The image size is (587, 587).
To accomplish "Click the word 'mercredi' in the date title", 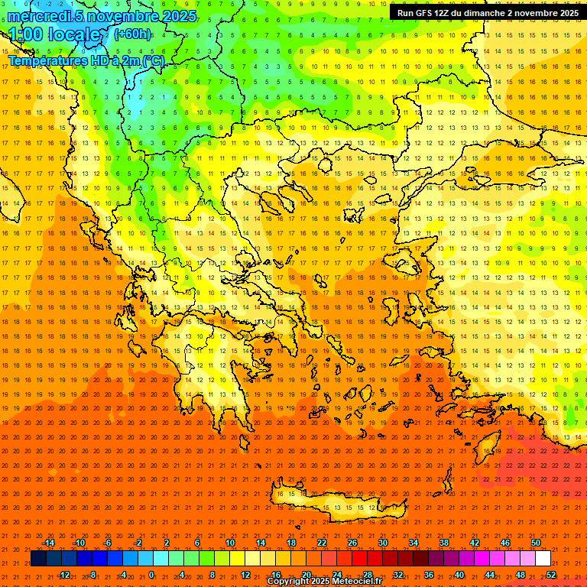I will pos(41,16).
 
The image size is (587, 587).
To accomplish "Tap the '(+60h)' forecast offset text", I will pos(132,34).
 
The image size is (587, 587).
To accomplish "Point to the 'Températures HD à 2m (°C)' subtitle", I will pos(86,60).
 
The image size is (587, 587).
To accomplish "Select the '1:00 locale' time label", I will pos(55,35).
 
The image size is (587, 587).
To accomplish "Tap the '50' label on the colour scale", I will pos(536,543).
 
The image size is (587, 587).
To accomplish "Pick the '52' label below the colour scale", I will pos(551,575).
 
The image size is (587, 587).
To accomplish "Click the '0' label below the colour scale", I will pos(151,575).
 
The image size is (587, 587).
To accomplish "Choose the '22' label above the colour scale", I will pos(322,543).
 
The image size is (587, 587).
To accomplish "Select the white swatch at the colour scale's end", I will pos(543,559).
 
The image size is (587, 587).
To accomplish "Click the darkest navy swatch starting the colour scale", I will pos(38,559).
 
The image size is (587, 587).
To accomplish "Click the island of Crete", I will pos(336,501).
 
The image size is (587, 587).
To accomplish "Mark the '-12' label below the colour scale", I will pos(63,575).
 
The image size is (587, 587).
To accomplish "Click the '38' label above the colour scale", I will pos(444,543).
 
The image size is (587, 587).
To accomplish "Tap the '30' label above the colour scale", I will pos(383,543).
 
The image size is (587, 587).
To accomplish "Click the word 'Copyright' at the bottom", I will pos(289,582).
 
